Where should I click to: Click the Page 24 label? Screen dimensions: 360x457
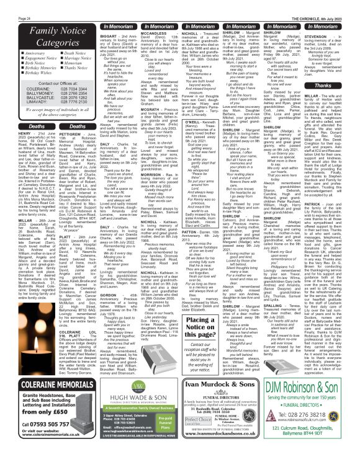(10, 4)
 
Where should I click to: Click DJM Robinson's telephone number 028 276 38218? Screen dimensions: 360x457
(315, 416)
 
